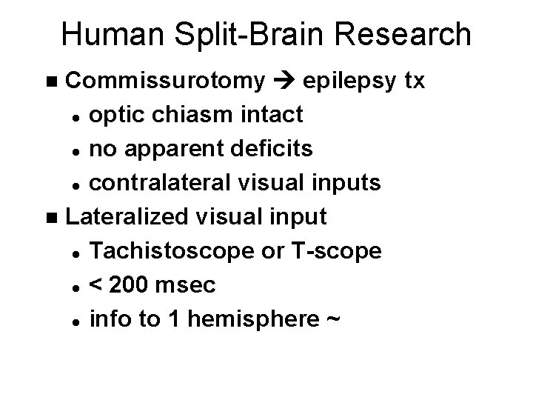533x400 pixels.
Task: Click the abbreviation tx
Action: click(x=413, y=81)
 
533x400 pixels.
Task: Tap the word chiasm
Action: click(x=195, y=115)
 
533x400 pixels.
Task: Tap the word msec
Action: click(x=193, y=286)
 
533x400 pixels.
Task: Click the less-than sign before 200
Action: click(x=95, y=286)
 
